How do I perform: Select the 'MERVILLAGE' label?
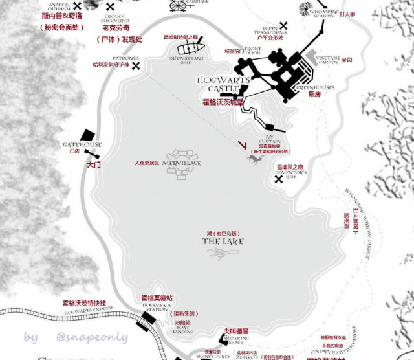click(x=183, y=164)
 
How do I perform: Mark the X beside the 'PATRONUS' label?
click(x=136, y=66)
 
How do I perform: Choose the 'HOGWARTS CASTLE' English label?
click(x=219, y=84)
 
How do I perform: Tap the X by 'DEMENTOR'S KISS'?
click(x=279, y=179)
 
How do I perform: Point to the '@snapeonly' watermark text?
click(x=92, y=337)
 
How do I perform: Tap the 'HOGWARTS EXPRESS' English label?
click(x=85, y=311)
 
